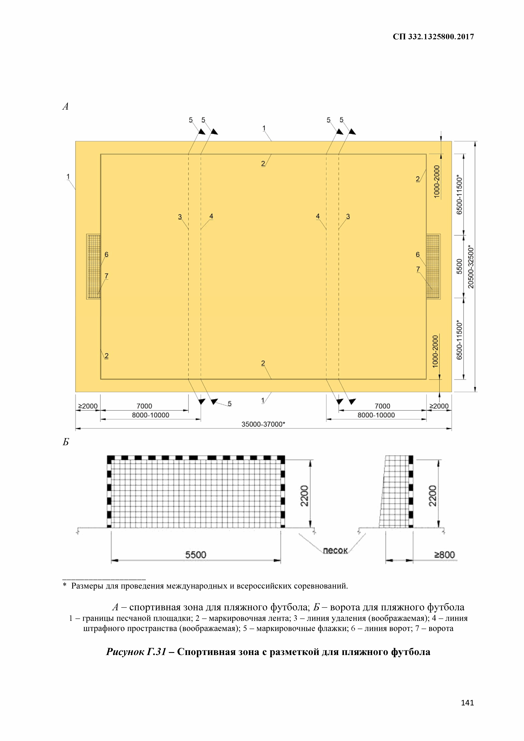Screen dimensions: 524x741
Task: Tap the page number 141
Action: point(467,703)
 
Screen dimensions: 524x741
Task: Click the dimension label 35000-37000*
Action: point(263,424)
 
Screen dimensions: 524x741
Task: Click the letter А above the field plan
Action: point(65,106)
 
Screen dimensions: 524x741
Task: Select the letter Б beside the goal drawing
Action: point(66,442)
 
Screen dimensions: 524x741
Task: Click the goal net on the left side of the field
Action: point(94,267)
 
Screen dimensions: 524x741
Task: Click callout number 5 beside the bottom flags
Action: point(229,404)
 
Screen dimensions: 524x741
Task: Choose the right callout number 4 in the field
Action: point(318,216)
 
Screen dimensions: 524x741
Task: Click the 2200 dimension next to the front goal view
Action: point(304,496)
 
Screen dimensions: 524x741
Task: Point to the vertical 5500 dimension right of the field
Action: point(459,267)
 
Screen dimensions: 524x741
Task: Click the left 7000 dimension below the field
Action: point(144,406)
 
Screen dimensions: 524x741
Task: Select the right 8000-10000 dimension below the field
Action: point(376,415)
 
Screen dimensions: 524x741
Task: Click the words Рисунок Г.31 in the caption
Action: point(136,652)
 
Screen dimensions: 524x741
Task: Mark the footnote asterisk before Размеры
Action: point(65,586)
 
